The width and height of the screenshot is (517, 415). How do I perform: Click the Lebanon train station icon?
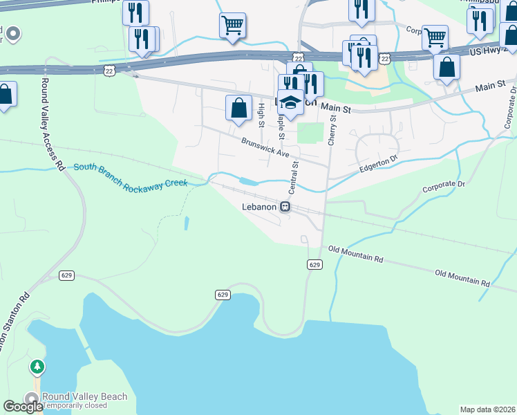click(284, 207)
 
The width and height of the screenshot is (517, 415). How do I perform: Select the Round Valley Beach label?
click(84, 396)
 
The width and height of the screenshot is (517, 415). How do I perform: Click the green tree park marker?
click(37, 366)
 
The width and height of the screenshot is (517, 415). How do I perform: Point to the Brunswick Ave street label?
click(265, 147)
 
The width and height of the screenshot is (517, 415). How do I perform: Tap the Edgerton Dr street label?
click(379, 165)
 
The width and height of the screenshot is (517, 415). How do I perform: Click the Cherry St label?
click(332, 129)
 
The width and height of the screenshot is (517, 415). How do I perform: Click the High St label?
click(261, 114)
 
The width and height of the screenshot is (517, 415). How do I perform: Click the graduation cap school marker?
click(291, 102)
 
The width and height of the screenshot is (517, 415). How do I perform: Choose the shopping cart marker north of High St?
click(232, 26)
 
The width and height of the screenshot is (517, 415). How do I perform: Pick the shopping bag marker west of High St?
click(238, 109)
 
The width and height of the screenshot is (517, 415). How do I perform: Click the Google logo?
click(23, 407)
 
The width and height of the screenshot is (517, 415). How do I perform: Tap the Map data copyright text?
click(487, 409)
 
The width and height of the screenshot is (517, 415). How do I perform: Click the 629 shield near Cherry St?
click(314, 265)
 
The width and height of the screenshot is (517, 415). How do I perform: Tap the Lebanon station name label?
click(259, 207)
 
